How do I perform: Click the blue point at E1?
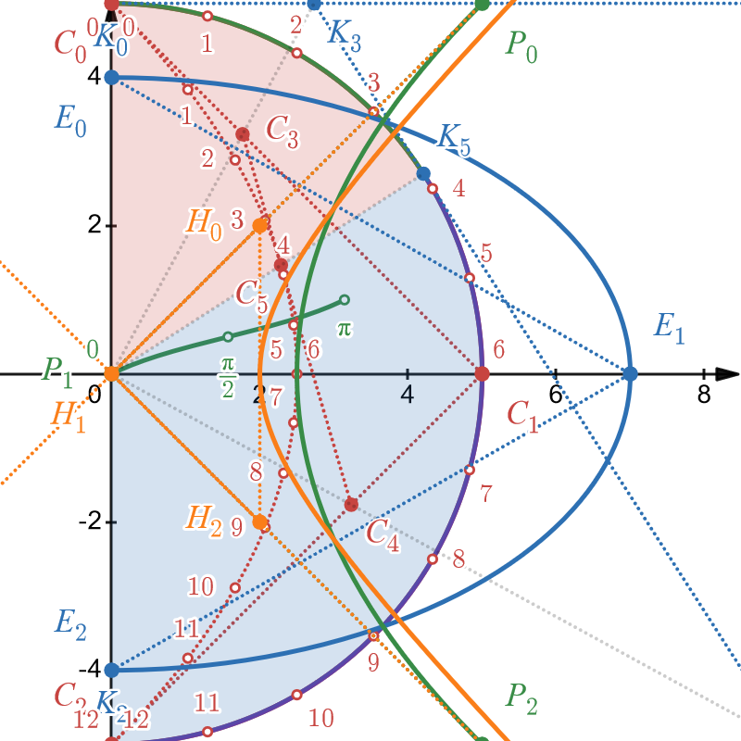[x=630, y=374]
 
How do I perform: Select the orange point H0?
[x=260, y=225]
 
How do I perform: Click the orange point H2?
[x=260, y=522]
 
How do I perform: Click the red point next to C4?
[x=351, y=504]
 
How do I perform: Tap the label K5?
[x=454, y=141]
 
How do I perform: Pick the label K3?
[x=345, y=33]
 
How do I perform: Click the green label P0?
[x=521, y=46]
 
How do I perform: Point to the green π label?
[x=345, y=328]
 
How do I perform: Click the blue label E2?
[x=69, y=622]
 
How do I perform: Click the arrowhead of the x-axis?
[x=730, y=374]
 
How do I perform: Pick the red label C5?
[x=251, y=295]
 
